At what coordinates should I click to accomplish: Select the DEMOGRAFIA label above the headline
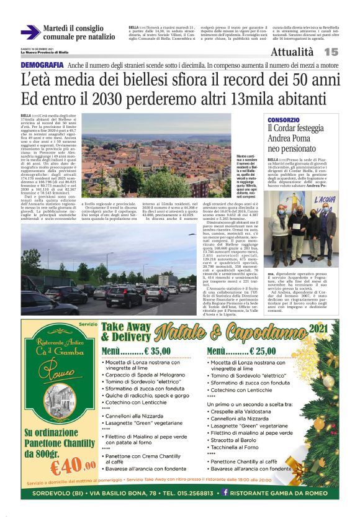click(42, 65)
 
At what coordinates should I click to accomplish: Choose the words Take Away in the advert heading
click(125, 327)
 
